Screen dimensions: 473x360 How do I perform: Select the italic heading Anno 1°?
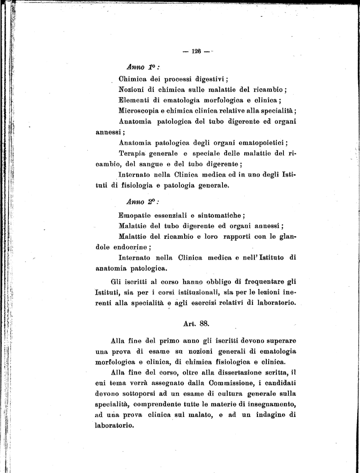point(139,67)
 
